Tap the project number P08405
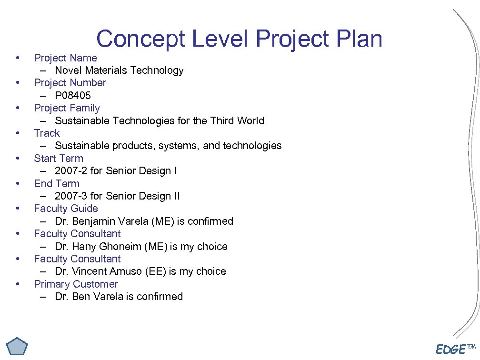point(73,96)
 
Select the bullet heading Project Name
point(65,58)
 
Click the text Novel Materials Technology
point(119,70)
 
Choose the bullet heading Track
point(47,133)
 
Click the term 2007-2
point(71,171)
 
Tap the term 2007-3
point(71,196)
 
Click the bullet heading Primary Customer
point(76,284)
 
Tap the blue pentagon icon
point(18,347)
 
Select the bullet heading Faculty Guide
point(66,209)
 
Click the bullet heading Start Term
point(58,159)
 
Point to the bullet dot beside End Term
point(18,183)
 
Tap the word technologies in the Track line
point(252,146)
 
